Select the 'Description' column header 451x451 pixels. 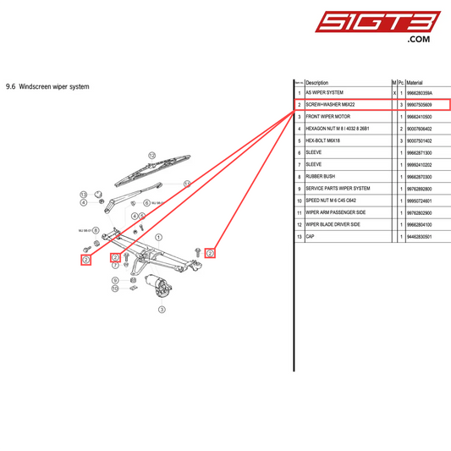tap(317, 82)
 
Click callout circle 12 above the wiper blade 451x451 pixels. tap(152, 156)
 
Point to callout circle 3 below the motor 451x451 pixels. tap(162, 309)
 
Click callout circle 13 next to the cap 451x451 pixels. tap(186, 183)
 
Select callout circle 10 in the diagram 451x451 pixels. tap(115, 289)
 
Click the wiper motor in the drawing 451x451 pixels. tap(158, 286)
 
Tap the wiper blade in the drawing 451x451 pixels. tap(144, 173)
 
